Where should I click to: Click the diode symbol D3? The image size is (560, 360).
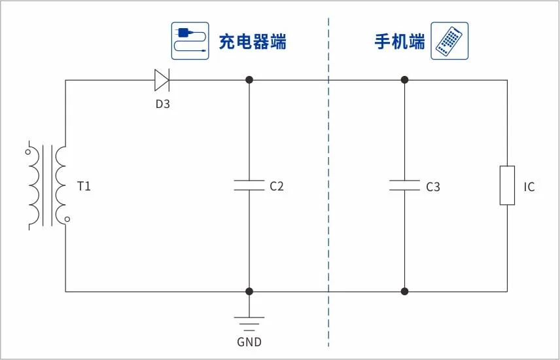pos(162,80)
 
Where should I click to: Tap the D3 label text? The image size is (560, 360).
pos(162,103)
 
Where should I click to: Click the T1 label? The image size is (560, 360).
pos(84,187)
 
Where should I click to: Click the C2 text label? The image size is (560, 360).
pos(277,187)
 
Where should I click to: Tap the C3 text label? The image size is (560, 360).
pos(433,187)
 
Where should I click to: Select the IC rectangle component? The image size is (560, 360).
pos(507,186)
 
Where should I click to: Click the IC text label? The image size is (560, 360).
pos(529,187)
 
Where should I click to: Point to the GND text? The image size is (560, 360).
pos(249,342)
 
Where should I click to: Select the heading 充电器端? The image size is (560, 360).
pos(253,42)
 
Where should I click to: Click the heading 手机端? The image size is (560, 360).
pos(399,42)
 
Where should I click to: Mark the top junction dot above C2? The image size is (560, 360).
pos(249,80)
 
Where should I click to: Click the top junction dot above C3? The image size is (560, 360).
pos(404,80)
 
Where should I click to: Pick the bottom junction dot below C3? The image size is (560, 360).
pos(404,291)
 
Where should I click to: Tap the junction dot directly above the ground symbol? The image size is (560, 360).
pos(249,291)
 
